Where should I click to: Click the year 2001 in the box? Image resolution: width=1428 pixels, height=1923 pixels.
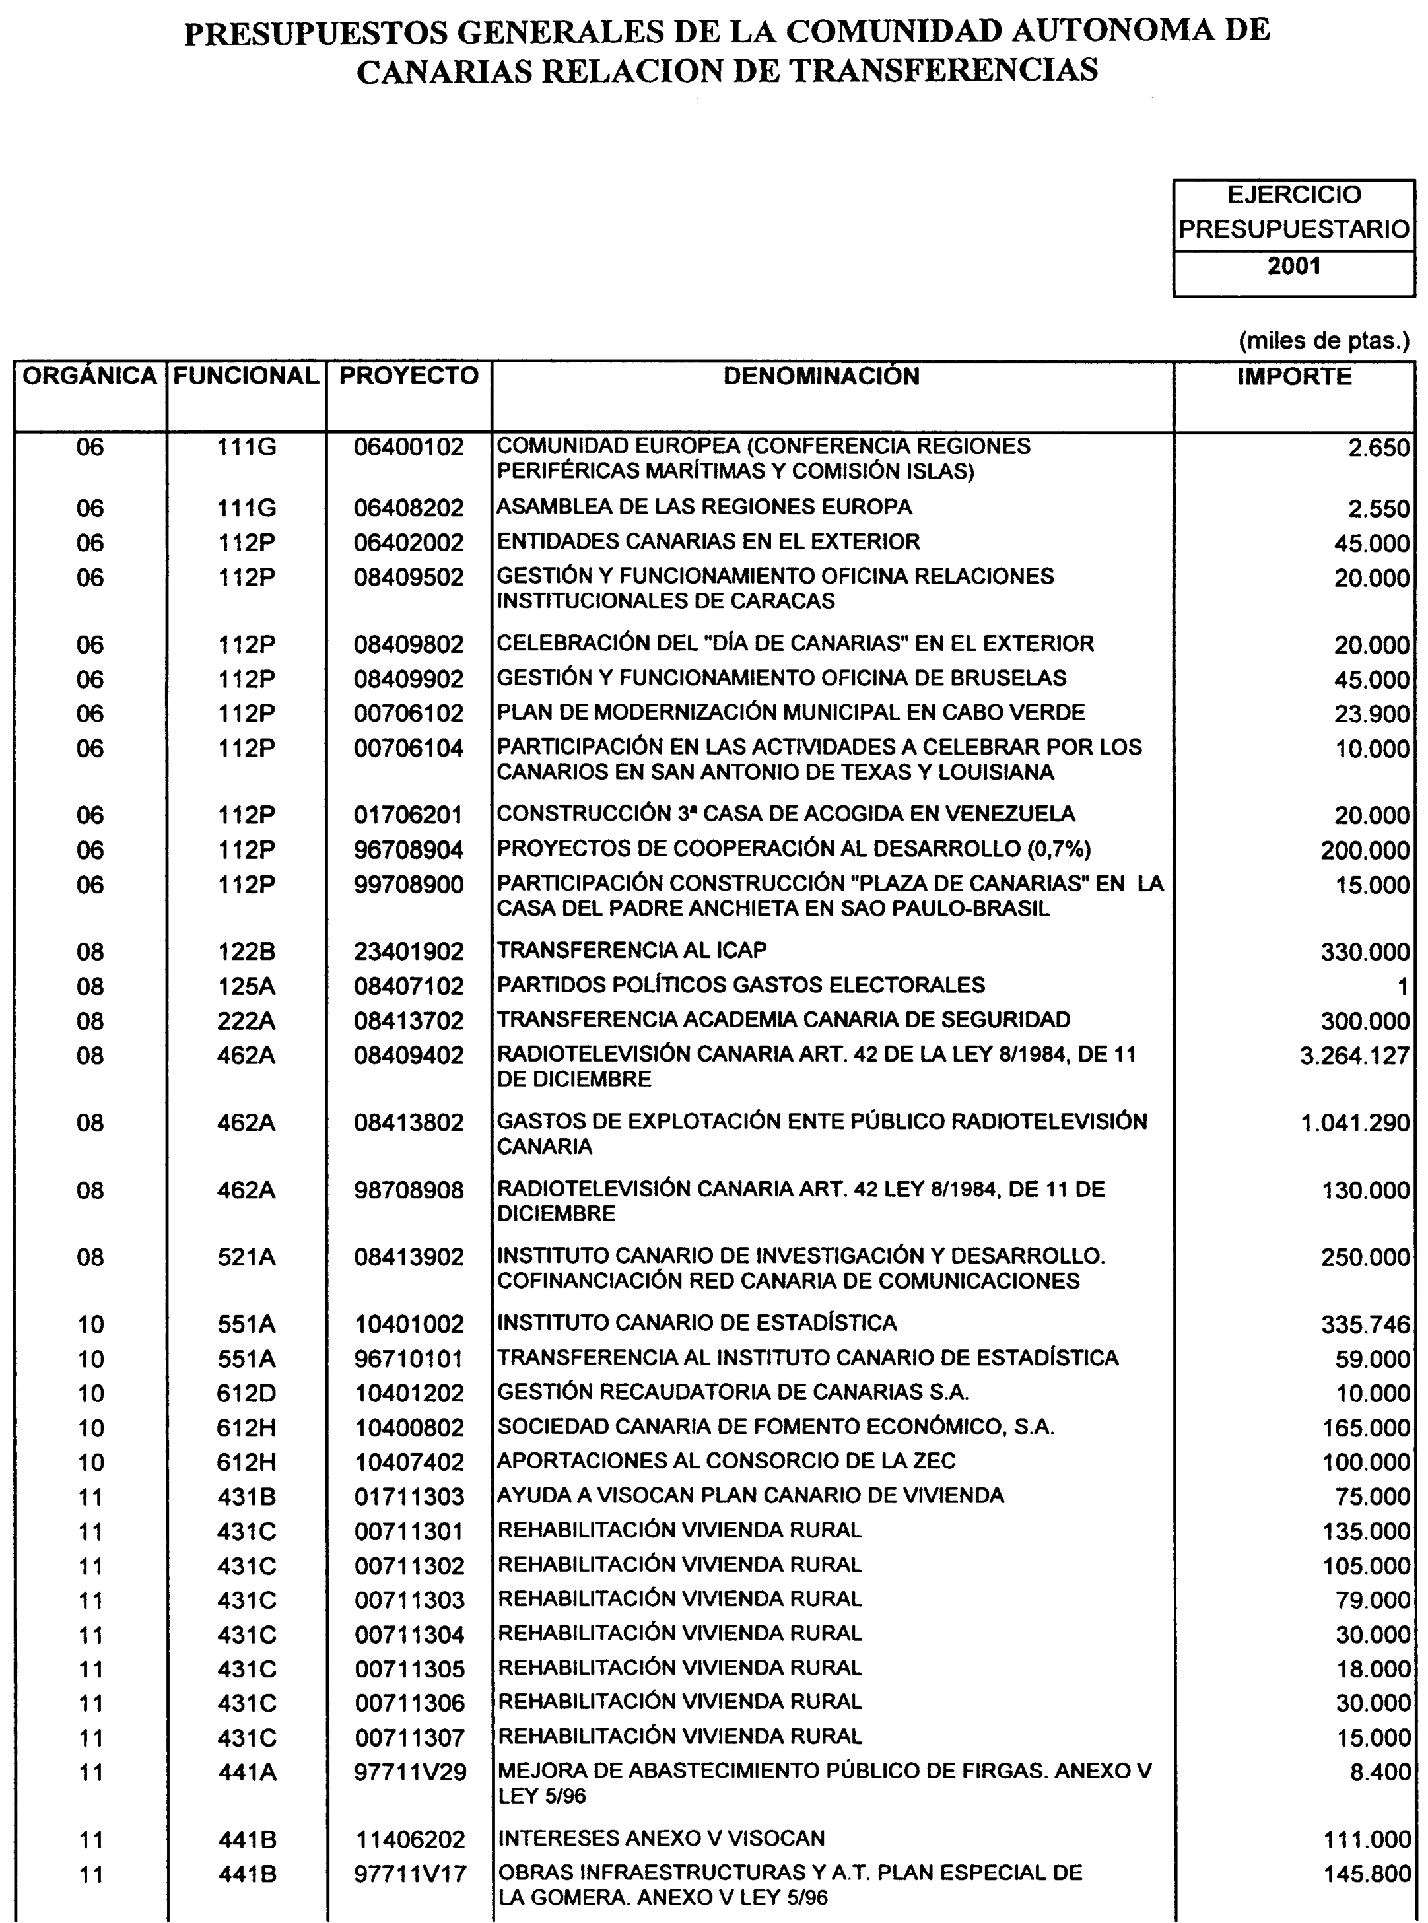click(x=1293, y=265)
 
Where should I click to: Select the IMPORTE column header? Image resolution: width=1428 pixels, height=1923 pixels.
click(x=1294, y=377)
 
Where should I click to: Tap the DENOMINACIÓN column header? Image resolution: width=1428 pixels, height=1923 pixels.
click(x=821, y=376)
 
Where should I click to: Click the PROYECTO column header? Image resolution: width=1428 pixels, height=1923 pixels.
click(x=409, y=376)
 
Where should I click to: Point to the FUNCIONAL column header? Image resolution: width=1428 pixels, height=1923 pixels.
click(x=246, y=376)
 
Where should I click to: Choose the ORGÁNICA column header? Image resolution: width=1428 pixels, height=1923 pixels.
click(x=90, y=376)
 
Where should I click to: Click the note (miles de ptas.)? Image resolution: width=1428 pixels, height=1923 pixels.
click(x=1324, y=341)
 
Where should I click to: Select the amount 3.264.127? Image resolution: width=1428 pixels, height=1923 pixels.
click(x=1355, y=1056)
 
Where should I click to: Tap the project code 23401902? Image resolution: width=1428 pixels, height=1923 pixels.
click(x=409, y=951)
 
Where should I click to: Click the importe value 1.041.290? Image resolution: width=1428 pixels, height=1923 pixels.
click(x=1355, y=1124)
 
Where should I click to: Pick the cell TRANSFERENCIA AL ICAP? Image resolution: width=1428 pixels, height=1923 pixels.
click(x=632, y=951)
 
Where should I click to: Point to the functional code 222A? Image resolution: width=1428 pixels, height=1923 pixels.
click(x=246, y=1021)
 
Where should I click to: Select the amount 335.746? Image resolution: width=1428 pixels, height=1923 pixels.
click(x=1366, y=1325)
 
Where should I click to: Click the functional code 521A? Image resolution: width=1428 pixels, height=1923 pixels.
click(x=246, y=1258)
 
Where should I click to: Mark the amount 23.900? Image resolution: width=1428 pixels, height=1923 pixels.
click(x=1372, y=714)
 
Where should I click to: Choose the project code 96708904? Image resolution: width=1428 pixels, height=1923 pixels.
click(x=409, y=850)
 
